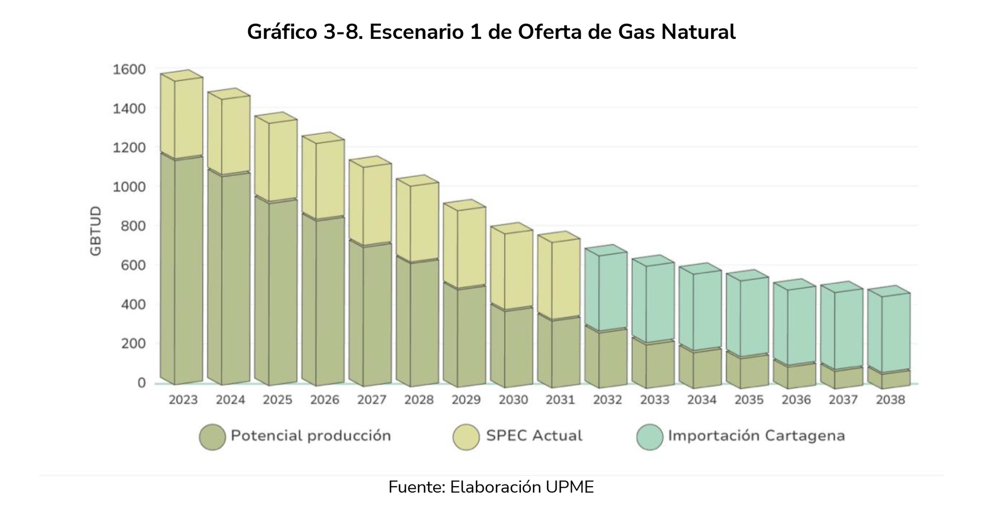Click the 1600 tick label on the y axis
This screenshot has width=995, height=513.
coord(129,69)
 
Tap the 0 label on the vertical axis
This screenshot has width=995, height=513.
coord(141,383)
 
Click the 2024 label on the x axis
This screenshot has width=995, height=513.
coord(230,400)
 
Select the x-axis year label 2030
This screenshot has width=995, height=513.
coord(513,400)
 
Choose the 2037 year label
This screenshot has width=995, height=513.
coord(843,400)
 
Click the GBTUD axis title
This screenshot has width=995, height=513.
coord(96,231)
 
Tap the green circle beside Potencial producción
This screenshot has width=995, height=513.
coord(212,437)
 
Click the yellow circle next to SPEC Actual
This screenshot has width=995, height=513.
coord(466,437)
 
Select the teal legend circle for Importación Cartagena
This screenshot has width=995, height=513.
coord(650,437)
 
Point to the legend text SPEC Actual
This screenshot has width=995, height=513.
coord(534,436)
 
